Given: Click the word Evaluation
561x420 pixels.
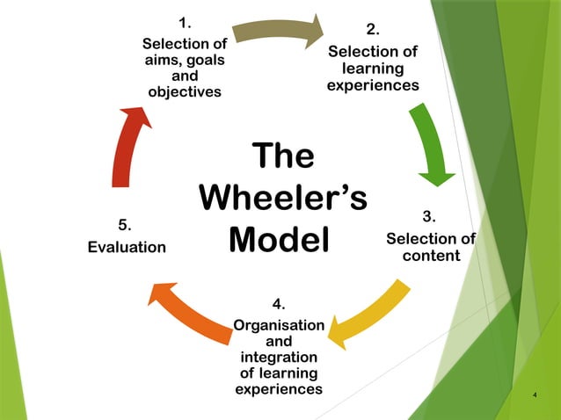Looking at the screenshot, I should (x=127, y=248).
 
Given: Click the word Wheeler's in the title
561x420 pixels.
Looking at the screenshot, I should (x=282, y=198).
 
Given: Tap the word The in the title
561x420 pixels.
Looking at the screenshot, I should (x=282, y=156).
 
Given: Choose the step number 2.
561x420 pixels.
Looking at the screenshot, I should (x=373, y=31).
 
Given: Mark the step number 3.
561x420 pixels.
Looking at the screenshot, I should (x=430, y=217).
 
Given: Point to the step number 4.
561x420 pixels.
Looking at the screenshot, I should (x=279, y=304).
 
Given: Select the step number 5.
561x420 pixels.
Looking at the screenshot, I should (x=126, y=225).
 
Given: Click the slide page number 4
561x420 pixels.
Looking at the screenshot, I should (x=535, y=395).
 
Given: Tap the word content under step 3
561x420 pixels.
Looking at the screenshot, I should (x=431, y=257).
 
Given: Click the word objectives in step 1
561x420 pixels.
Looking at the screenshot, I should (x=185, y=91).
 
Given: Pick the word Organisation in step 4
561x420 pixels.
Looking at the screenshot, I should (x=279, y=326).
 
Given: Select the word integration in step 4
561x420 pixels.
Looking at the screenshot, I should (x=279, y=358).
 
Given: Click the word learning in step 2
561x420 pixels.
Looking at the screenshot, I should (x=373, y=69).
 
